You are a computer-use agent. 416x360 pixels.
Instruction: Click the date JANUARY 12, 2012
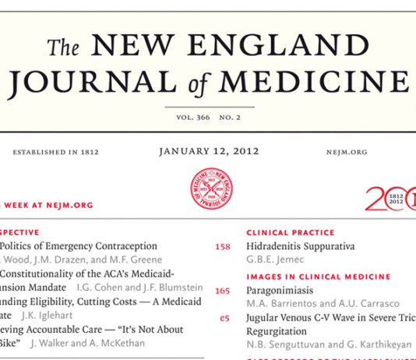[208, 151]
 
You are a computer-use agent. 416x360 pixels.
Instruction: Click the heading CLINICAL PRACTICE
[290, 232]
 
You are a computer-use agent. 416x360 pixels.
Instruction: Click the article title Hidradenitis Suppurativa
[300, 245]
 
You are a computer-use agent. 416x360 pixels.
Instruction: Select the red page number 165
[222, 291]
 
